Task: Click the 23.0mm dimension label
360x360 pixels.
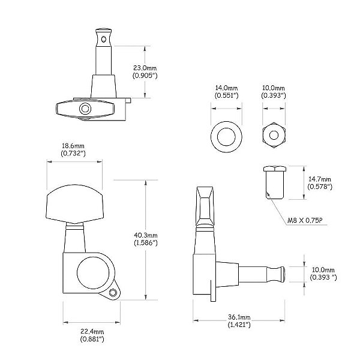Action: tap(145, 68)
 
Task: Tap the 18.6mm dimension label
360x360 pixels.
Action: tap(73, 146)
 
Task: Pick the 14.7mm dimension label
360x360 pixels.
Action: tap(319, 179)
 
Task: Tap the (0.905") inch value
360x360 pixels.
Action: tap(145, 77)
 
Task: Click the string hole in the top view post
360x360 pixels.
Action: tap(106, 39)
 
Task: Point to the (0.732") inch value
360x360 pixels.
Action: tap(73, 154)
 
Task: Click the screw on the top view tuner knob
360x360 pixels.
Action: tap(86, 109)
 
